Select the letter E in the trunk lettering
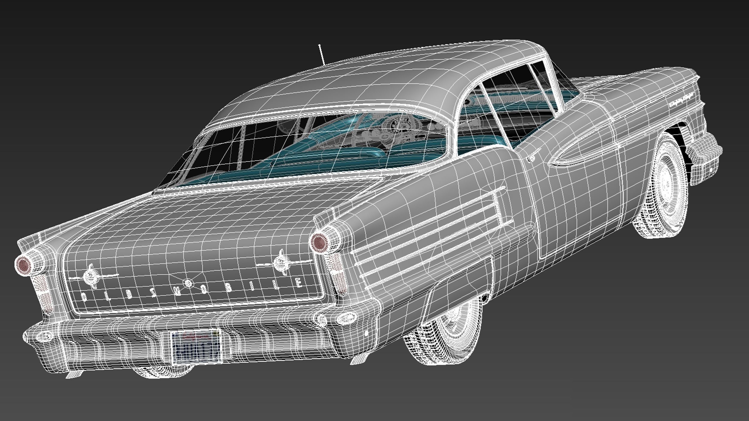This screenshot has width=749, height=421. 299,282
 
